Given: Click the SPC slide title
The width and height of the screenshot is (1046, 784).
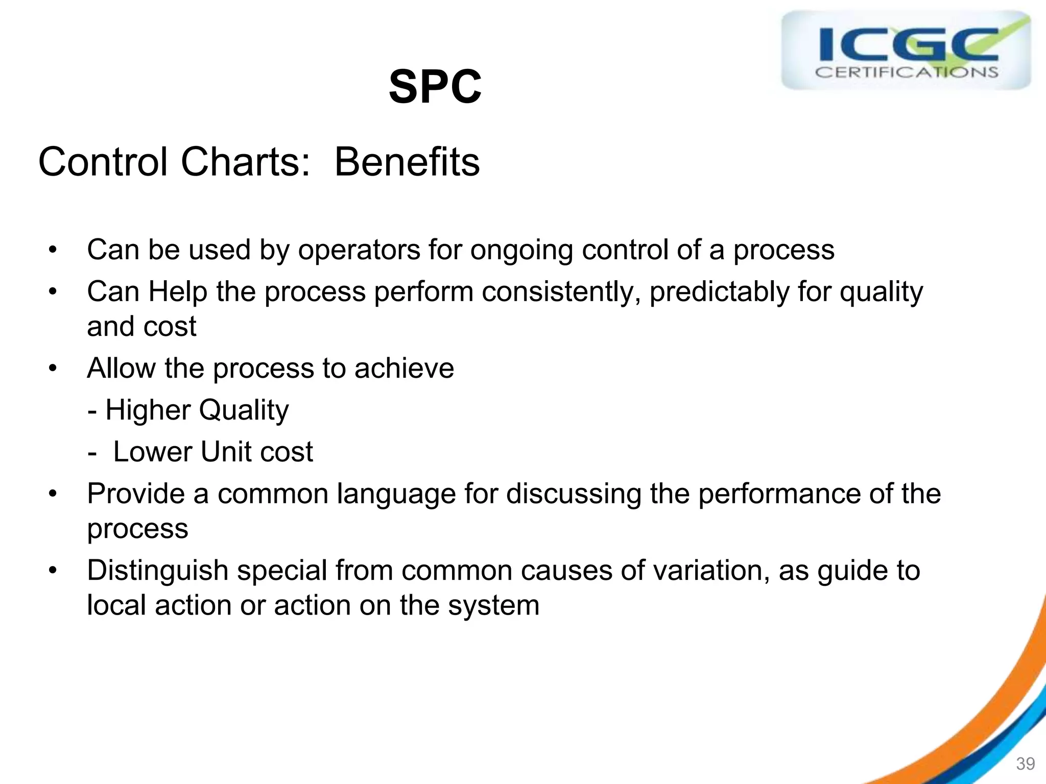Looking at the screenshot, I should pos(435,87).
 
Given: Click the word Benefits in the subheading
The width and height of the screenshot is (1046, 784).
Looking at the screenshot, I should pos(407,162).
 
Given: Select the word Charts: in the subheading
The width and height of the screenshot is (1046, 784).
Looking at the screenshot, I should pos(245,162).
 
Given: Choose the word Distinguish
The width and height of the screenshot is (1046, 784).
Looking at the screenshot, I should pos(157,571).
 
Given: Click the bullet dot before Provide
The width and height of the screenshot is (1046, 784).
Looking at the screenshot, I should pos(53,494).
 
